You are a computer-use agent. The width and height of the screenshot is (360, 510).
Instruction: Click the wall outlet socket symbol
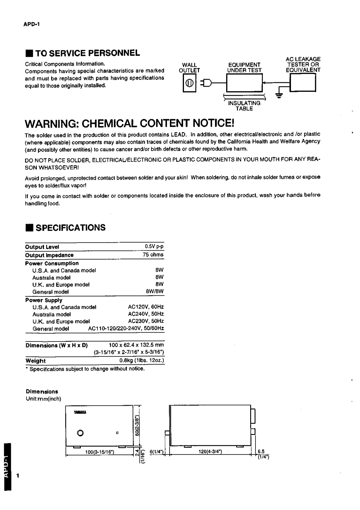click(x=189, y=83)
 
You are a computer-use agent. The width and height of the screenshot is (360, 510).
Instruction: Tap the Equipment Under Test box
click(x=244, y=83)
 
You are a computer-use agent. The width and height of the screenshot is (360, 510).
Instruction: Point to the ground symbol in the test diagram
click(x=279, y=95)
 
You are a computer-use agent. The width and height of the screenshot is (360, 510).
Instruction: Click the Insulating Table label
click(x=244, y=106)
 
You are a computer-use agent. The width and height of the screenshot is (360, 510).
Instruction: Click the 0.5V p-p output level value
click(x=154, y=247)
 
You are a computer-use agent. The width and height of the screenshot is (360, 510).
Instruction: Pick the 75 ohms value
click(x=153, y=255)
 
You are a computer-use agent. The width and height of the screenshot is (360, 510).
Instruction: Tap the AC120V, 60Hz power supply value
click(x=146, y=307)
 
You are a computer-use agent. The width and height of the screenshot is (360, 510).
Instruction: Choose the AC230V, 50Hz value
click(x=146, y=321)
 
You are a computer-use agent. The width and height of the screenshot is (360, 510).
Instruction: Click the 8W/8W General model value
click(x=154, y=291)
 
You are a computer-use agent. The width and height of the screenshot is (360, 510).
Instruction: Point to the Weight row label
click(x=35, y=361)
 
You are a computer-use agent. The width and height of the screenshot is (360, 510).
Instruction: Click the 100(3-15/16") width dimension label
click(x=99, y=452)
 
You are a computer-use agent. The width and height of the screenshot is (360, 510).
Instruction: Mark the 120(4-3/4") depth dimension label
click(x=210, y=452)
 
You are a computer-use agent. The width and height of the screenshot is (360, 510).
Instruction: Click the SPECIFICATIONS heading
click(x=70, y=227)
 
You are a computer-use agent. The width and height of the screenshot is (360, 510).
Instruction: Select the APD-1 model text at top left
click(x=31, y=24)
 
